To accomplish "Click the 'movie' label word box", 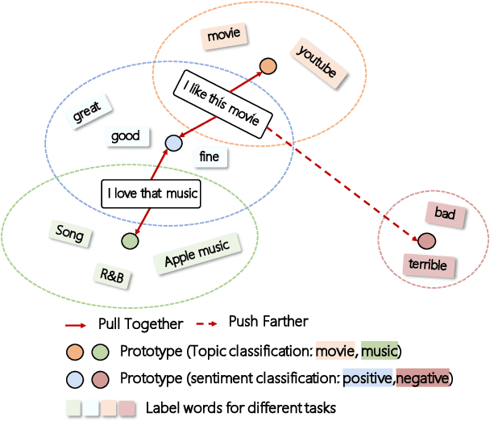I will [x=224, y=35].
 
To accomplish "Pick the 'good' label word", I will [x=125, y=136].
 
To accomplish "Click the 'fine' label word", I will [x=209, y=156].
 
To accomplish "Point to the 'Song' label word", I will [x=69, y=233].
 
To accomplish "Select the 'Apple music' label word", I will [x=197, y=255].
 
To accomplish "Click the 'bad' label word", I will [x=445, y=215].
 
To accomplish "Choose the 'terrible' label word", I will [x=426, y=265].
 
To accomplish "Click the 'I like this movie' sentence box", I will [x=220, y=104].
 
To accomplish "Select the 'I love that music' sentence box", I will [x=150, y=194].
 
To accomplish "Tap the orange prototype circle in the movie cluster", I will [x=268, y=67].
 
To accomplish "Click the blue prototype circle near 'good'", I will [x=172, y=144].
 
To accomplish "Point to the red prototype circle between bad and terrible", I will [x=426, y=240].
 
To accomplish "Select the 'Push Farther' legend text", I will [x=268, y=322].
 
